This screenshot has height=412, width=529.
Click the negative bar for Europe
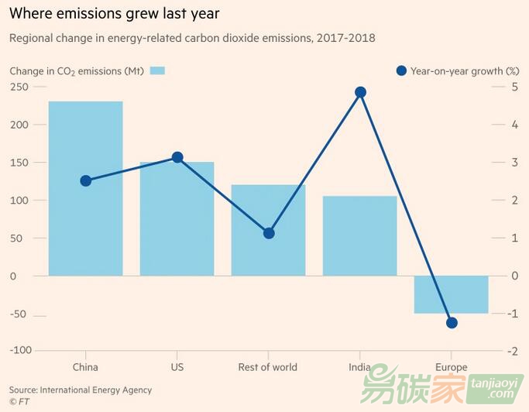tap(452, 294)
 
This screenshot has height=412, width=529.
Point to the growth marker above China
tap(85, 180)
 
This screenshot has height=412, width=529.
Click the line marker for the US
tap(177, 157)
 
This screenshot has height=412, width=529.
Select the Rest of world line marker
tap(269, 233)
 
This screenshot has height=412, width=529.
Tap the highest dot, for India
tap(360, 92)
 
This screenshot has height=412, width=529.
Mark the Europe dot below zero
tap(452, 323)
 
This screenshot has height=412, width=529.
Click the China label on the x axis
tap(85, 367)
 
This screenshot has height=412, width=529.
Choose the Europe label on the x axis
tap(452, 367)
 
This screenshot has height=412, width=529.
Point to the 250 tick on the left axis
tap(18, 87)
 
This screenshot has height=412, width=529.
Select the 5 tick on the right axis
tap(514, 87)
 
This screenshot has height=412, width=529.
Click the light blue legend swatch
tap(157, 71)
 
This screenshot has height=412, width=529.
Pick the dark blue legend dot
tap(400, 71)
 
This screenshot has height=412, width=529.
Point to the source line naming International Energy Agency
tap(81, 390)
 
